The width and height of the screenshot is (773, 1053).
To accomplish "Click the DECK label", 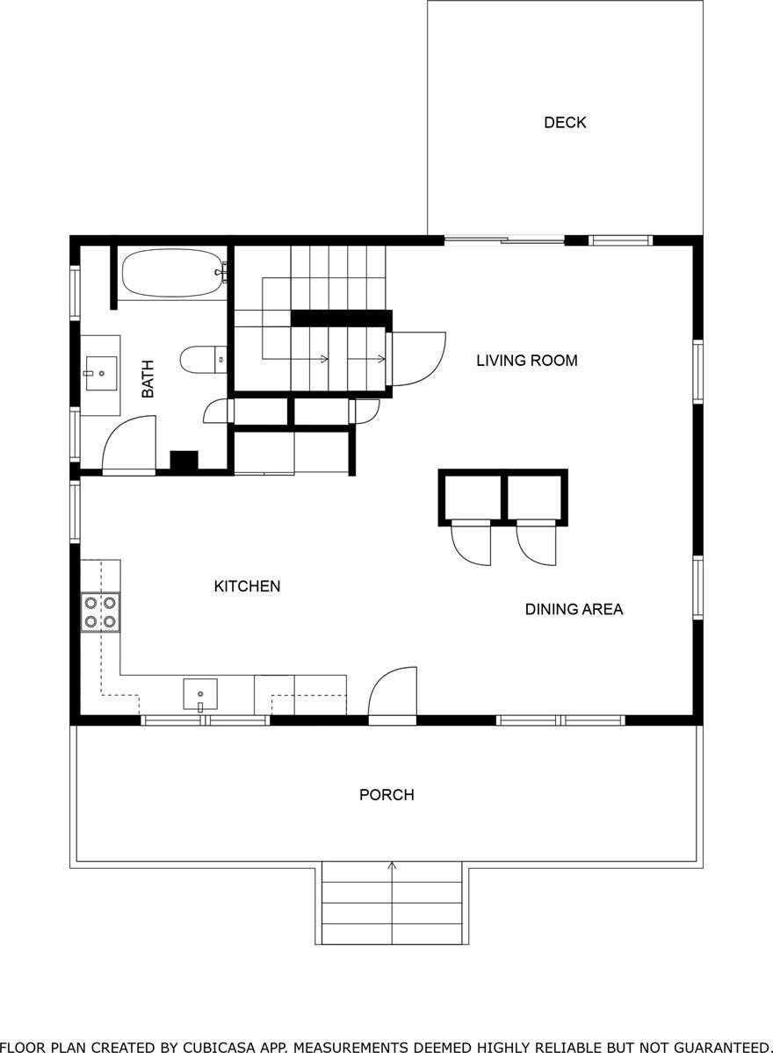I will pyautogui.click(x=565, y=123).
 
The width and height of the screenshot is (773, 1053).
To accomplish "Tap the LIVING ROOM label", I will pyautogui.click(x=527, y=360).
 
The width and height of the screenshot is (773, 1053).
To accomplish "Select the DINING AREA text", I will pyautogui.click(x=574, y=609).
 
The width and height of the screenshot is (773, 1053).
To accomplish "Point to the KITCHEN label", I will pyautogui.click(x=247, y=586).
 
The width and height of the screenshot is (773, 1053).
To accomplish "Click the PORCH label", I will pyautogui.click(x=386, y=795).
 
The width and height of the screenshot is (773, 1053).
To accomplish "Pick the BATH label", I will pyautogui.click(x=148, y=379).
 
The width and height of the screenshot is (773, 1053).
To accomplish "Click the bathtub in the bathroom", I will pyautogui.click(x=172, y=274).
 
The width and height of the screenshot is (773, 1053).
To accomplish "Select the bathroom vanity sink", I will pyautogui.click(x=101, y=373).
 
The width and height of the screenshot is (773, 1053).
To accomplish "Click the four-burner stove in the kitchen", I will pyautogui.click(x=100, y=612).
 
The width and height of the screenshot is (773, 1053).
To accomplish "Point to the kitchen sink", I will pyautogui.click(x=200, y=693).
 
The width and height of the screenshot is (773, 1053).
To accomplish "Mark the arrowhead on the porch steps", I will pyautogui.click(x=392, y=865).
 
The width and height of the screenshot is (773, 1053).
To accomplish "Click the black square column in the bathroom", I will pyautogui.click(x=184, y=461).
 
